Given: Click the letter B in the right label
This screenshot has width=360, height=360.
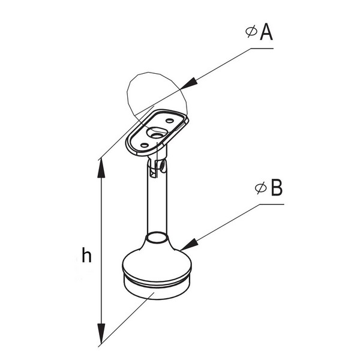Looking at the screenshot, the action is [x=277, y=188].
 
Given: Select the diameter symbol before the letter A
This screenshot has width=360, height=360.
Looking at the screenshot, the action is [x=251, y=32].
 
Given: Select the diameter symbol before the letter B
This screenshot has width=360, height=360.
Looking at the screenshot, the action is [x=261, y=188].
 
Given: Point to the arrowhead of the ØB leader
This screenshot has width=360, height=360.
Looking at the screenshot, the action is [x=189, y=245].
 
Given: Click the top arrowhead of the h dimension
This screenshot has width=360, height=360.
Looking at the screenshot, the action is [x=101, y=169].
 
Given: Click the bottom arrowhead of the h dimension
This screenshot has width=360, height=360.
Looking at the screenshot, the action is [x=101, y=333].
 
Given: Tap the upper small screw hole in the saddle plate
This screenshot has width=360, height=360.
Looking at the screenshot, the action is [x=170, y=121].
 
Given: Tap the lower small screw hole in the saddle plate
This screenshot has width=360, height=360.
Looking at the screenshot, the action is [x=145, y=145].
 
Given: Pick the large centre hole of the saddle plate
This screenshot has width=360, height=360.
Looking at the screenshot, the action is [x=157, y=133].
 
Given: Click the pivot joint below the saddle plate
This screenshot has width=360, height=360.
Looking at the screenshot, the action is [x=157, y=166].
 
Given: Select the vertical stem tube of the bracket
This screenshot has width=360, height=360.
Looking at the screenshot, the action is [x=157, y=205].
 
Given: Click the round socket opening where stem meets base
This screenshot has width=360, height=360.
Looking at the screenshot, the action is [x=157, y=237].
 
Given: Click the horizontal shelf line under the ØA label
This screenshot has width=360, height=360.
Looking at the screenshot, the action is [x=262, y=48].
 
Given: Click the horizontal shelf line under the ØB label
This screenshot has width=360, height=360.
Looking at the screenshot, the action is [x=272, y=204].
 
